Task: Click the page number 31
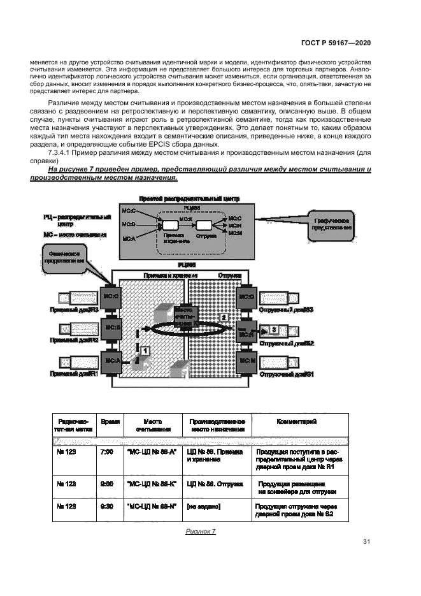(366, 542)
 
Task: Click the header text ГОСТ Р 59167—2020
(335, 42)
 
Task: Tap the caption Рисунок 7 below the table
(201, 532)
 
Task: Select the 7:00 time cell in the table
(107, 451)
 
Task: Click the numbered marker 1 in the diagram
(145, 351)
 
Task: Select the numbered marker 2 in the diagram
(222, 317)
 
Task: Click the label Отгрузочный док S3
(287, 309)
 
